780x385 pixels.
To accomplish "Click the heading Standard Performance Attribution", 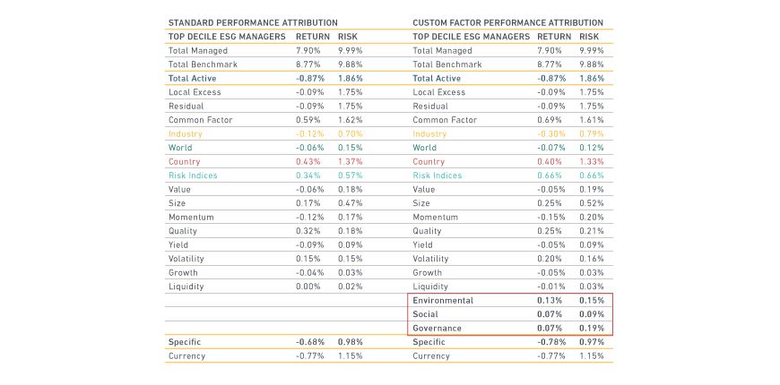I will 253,21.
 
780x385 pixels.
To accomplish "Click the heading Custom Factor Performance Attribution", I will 507,21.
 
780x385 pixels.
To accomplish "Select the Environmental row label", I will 443,300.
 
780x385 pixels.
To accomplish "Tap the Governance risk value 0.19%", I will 592,328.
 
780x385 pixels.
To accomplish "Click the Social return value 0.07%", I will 550,314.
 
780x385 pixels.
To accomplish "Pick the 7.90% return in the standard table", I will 308,51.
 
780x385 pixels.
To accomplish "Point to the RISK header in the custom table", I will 589,37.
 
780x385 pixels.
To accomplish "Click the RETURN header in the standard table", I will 314,37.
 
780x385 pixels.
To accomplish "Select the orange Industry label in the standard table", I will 186,134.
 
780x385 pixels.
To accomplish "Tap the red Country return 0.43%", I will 309,161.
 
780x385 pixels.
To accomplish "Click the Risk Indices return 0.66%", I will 550,175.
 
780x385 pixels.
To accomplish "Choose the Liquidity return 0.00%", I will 309,286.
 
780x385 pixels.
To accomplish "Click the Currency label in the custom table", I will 432,355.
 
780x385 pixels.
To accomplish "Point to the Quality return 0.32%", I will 309,231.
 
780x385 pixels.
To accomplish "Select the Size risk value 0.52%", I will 592,203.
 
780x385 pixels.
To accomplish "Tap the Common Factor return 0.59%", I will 309,120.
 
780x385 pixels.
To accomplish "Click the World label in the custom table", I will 425,148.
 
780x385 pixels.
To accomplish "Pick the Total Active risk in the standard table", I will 350,79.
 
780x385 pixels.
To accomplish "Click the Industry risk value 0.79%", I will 592,134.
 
